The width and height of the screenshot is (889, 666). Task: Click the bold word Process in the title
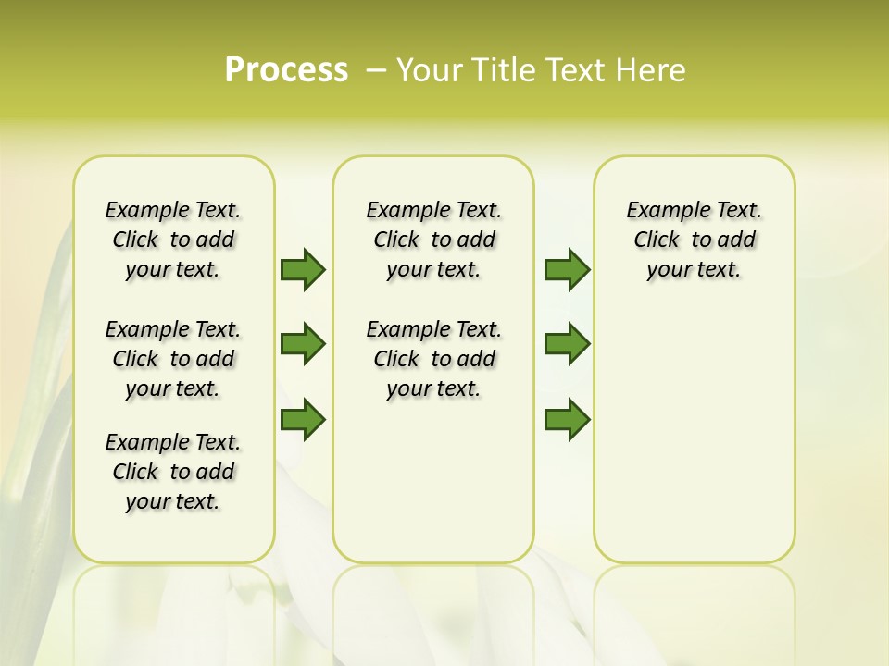286,70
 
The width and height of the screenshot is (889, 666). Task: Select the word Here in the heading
652,70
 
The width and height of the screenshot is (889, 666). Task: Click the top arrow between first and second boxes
303,269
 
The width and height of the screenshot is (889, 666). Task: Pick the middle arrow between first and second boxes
303,344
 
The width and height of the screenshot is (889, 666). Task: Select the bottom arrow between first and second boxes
303,420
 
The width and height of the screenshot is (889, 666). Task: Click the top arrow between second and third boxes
567,269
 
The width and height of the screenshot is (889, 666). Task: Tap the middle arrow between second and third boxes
567,344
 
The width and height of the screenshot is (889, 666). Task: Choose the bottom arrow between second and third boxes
567,420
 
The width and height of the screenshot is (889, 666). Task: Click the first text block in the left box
173,240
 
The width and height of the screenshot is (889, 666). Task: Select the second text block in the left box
173,359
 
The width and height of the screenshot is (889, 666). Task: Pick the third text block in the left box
173,472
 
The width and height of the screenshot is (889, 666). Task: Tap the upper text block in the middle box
433,240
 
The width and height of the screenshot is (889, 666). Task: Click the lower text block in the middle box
433,359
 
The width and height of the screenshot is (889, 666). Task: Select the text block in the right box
694,240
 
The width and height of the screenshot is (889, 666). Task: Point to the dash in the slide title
376,70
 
